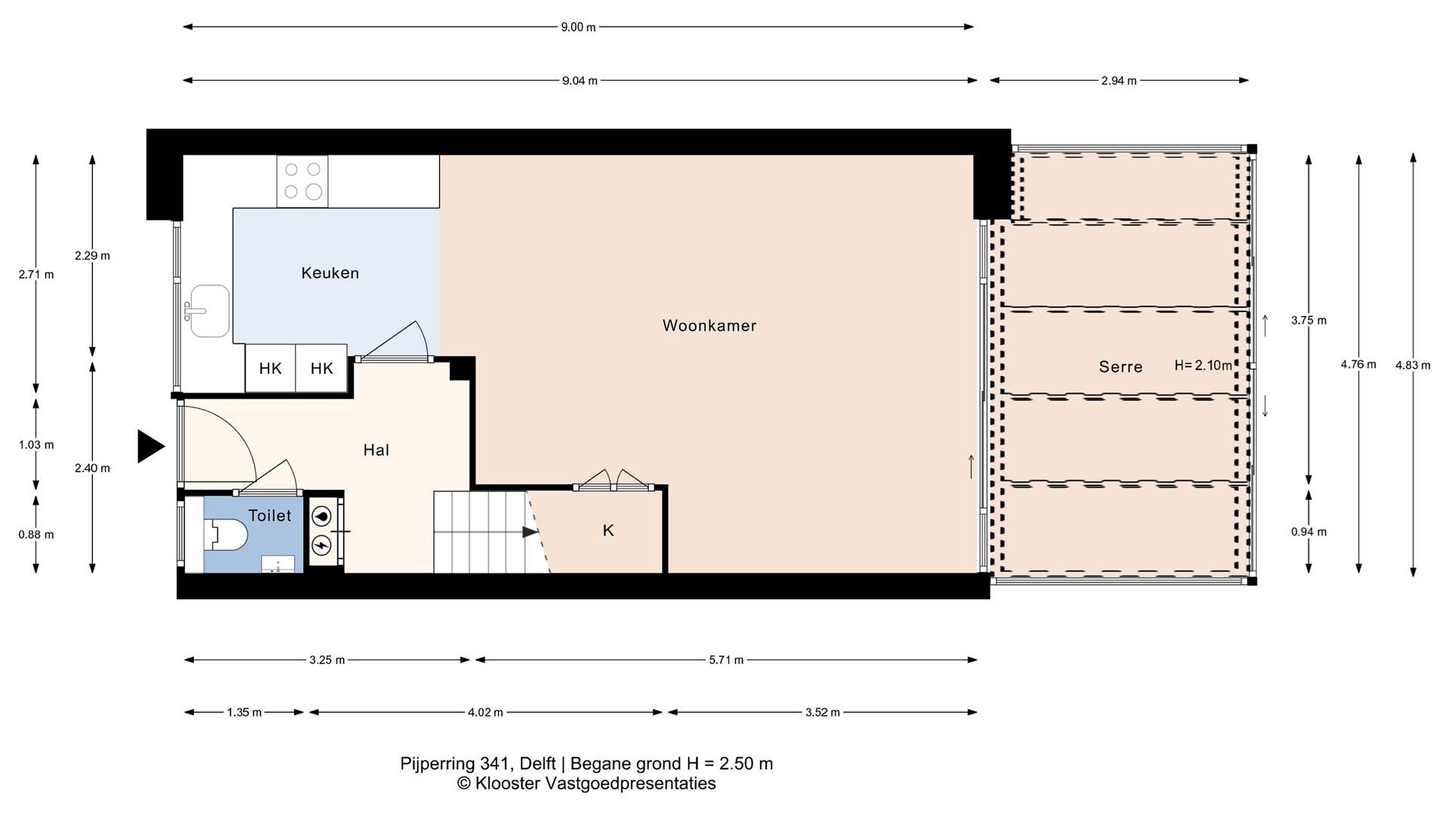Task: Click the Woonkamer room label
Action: (x=709, y=325)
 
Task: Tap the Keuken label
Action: (x=330, y=273)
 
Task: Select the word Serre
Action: (x=1120, y=367)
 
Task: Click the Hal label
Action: (x=376, y=450)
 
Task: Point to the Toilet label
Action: (x=270, y=516)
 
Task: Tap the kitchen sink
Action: (x=209, y=311)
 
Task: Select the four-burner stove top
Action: (x=302, y=181)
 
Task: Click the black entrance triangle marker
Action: (x=151, y=447)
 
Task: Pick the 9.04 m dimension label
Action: (x=580, y=81)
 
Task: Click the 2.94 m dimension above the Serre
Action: (x=1119, y=81)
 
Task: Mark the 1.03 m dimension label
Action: (x=37, y=445)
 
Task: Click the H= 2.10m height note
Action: (x=1203, y=366)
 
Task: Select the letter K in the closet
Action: (x=608, y=530)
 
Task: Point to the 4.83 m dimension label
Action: (x=1413, y=366)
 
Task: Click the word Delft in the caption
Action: (x=538, y=764)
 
